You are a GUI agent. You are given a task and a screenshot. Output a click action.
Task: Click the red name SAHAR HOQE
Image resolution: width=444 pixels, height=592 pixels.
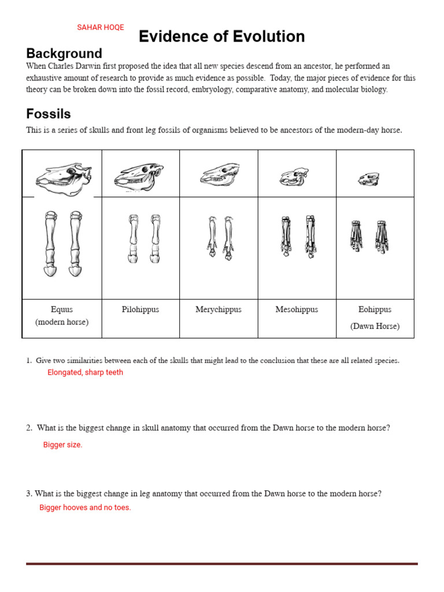101,27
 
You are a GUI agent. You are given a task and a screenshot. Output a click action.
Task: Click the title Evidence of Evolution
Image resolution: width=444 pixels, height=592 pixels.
221,36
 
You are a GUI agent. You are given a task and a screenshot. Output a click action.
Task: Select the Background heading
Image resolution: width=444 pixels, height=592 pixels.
64,54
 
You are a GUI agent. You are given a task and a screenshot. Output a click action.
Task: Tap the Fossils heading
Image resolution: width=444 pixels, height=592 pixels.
49,114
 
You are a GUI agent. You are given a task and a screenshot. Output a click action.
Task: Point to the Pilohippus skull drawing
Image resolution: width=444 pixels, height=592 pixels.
139,175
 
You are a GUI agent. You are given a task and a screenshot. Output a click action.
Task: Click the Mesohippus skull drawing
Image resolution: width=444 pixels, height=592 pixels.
294,176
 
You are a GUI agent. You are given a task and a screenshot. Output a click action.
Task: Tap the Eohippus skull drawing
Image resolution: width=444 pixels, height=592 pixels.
369,179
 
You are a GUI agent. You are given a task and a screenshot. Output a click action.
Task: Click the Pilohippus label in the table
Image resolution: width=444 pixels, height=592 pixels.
140,309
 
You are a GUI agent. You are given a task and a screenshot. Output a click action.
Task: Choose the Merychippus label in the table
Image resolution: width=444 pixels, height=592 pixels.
219,309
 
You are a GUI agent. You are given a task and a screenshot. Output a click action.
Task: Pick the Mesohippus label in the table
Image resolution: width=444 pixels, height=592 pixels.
297,309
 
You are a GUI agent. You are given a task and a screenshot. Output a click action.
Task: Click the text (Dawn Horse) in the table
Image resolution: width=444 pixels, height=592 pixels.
375,326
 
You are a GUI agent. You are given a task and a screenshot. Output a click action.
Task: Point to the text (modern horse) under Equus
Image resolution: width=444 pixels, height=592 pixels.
62,322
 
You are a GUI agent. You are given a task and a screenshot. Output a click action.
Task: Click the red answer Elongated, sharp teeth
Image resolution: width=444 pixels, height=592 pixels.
85,372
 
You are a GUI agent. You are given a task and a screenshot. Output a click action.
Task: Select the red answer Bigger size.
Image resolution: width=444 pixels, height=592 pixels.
63,445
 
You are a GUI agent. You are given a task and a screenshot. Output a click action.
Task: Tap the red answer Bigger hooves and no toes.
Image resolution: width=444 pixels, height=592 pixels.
85,508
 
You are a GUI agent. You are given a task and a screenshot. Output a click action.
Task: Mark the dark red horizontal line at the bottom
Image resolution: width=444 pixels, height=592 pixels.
221,563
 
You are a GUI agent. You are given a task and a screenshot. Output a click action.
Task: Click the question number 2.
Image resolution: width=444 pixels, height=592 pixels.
28,428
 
